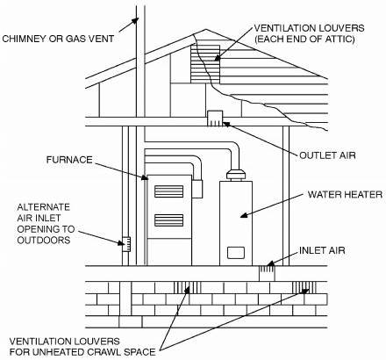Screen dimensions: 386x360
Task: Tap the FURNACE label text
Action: (x=69, y=160)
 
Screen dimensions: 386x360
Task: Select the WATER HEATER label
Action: (x=345, y=195)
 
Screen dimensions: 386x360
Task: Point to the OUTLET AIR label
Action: (x=327, y=155)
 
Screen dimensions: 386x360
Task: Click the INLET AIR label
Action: (x=322, y=250)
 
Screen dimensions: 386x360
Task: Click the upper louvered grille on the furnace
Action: (x=168, y=191)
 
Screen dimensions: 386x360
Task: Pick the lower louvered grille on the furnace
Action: (x=168, y=220)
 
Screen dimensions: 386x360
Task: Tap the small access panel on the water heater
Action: (x=236, y=253)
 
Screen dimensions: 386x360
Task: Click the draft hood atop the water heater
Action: (x=236, y=175)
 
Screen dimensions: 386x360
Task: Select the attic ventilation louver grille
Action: (x=205, y=63)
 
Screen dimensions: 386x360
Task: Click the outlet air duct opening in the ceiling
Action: (x=215, y=119)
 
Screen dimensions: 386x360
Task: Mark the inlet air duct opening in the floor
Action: (x=267, y=273)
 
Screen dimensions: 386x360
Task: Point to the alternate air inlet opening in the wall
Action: (x=126, y=244)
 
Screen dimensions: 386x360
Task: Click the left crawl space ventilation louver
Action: (x=188, y=287)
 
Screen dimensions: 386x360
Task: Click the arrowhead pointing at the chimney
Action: (x=135, y=21)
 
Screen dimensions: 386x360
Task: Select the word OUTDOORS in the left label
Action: (x=44, y=241)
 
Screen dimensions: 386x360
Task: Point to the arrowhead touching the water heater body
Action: (x=244, y=214)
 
